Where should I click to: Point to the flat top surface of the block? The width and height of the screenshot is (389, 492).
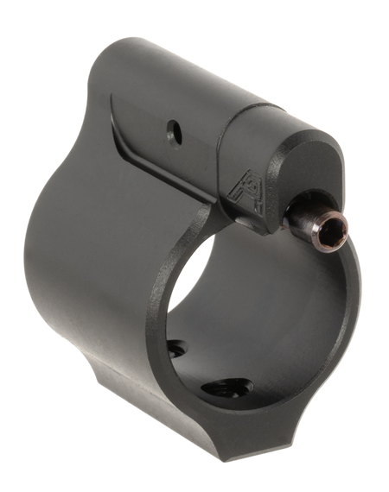[156, 78]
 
